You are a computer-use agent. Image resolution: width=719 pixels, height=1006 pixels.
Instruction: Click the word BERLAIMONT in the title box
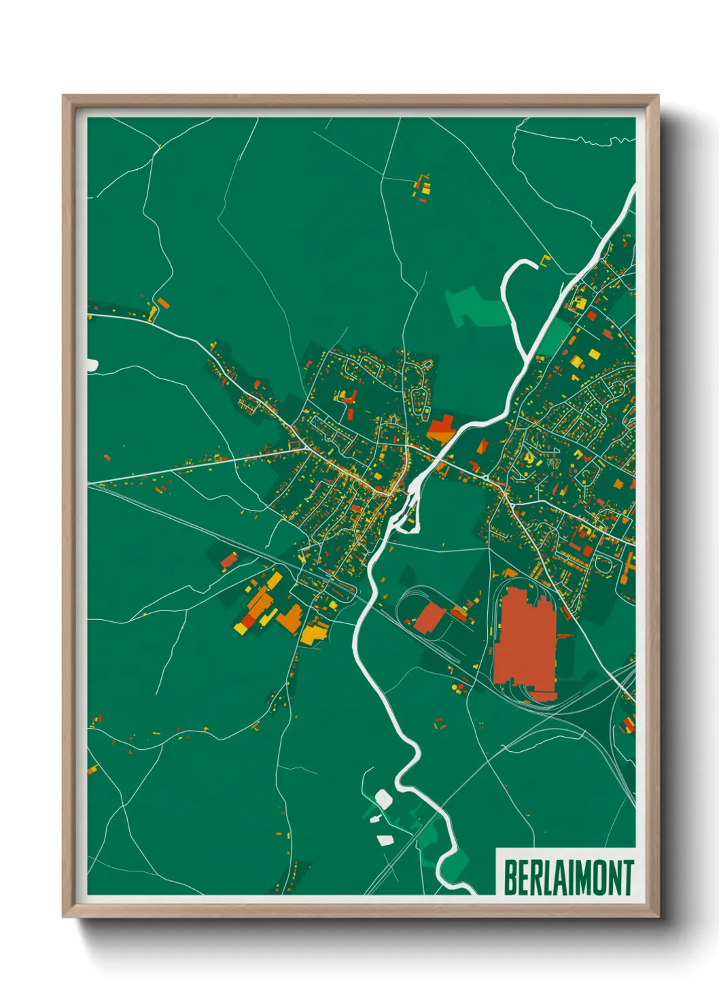[568, 878]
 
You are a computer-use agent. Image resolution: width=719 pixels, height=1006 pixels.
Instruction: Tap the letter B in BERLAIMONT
[510, 878]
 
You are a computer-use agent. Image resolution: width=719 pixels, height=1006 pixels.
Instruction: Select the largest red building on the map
[523, 642]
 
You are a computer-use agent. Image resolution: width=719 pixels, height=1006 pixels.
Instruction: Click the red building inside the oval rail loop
[429, 617]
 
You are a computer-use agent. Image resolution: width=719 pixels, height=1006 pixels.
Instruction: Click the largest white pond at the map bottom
[383, 798]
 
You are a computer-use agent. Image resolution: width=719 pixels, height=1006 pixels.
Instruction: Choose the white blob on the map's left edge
[92, 365]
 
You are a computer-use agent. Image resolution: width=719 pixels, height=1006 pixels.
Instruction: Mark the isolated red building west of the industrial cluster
[229, 560]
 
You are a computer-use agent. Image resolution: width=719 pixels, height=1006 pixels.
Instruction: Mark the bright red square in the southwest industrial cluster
[249, 620]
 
